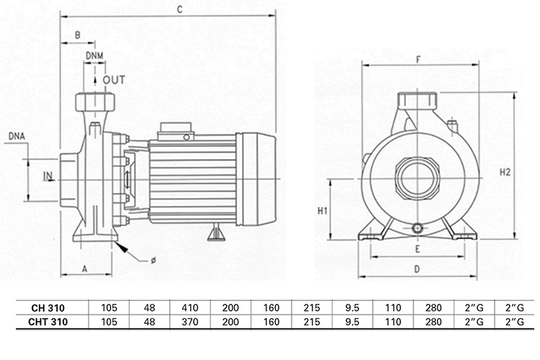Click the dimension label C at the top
(x=179, y=9)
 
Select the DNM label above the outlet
(x=94, y=55)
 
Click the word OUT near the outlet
(x=114, y=79)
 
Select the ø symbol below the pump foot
(x=153, y=260)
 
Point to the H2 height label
(x=505, y=172)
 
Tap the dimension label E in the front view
(x=417, y=248)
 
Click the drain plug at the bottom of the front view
(x=418, y=228)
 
